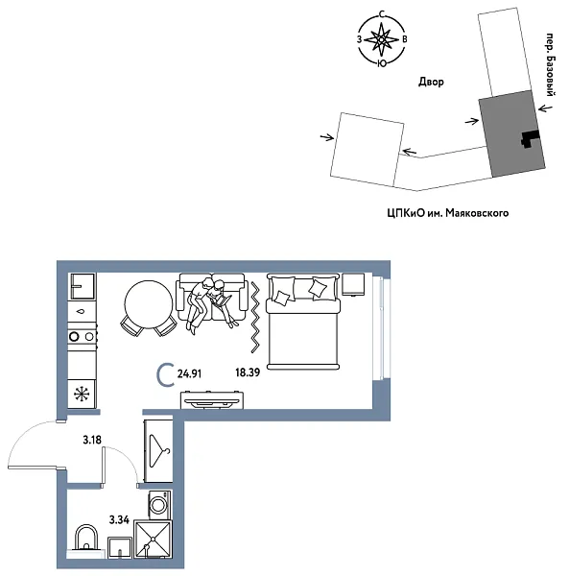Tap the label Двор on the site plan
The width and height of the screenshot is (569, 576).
pos(432,84)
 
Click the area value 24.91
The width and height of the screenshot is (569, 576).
pos(193,375)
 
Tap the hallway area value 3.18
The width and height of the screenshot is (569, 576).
pos(92,440)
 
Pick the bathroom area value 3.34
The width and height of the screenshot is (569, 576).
pos(120,518)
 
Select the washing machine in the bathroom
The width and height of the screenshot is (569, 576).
pos(158,503)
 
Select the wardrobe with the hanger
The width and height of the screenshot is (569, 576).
pos(157,447)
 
